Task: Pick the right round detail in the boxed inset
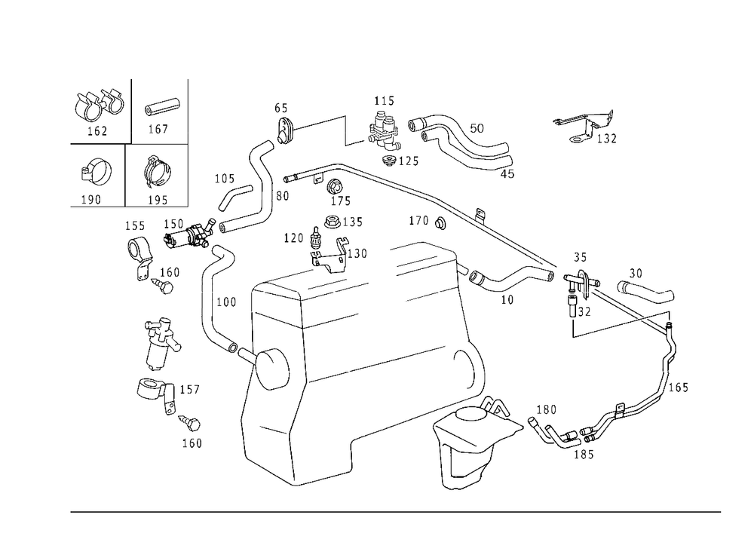[157, 172]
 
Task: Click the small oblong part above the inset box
[163, 106]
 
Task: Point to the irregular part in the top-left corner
[98, 106]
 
